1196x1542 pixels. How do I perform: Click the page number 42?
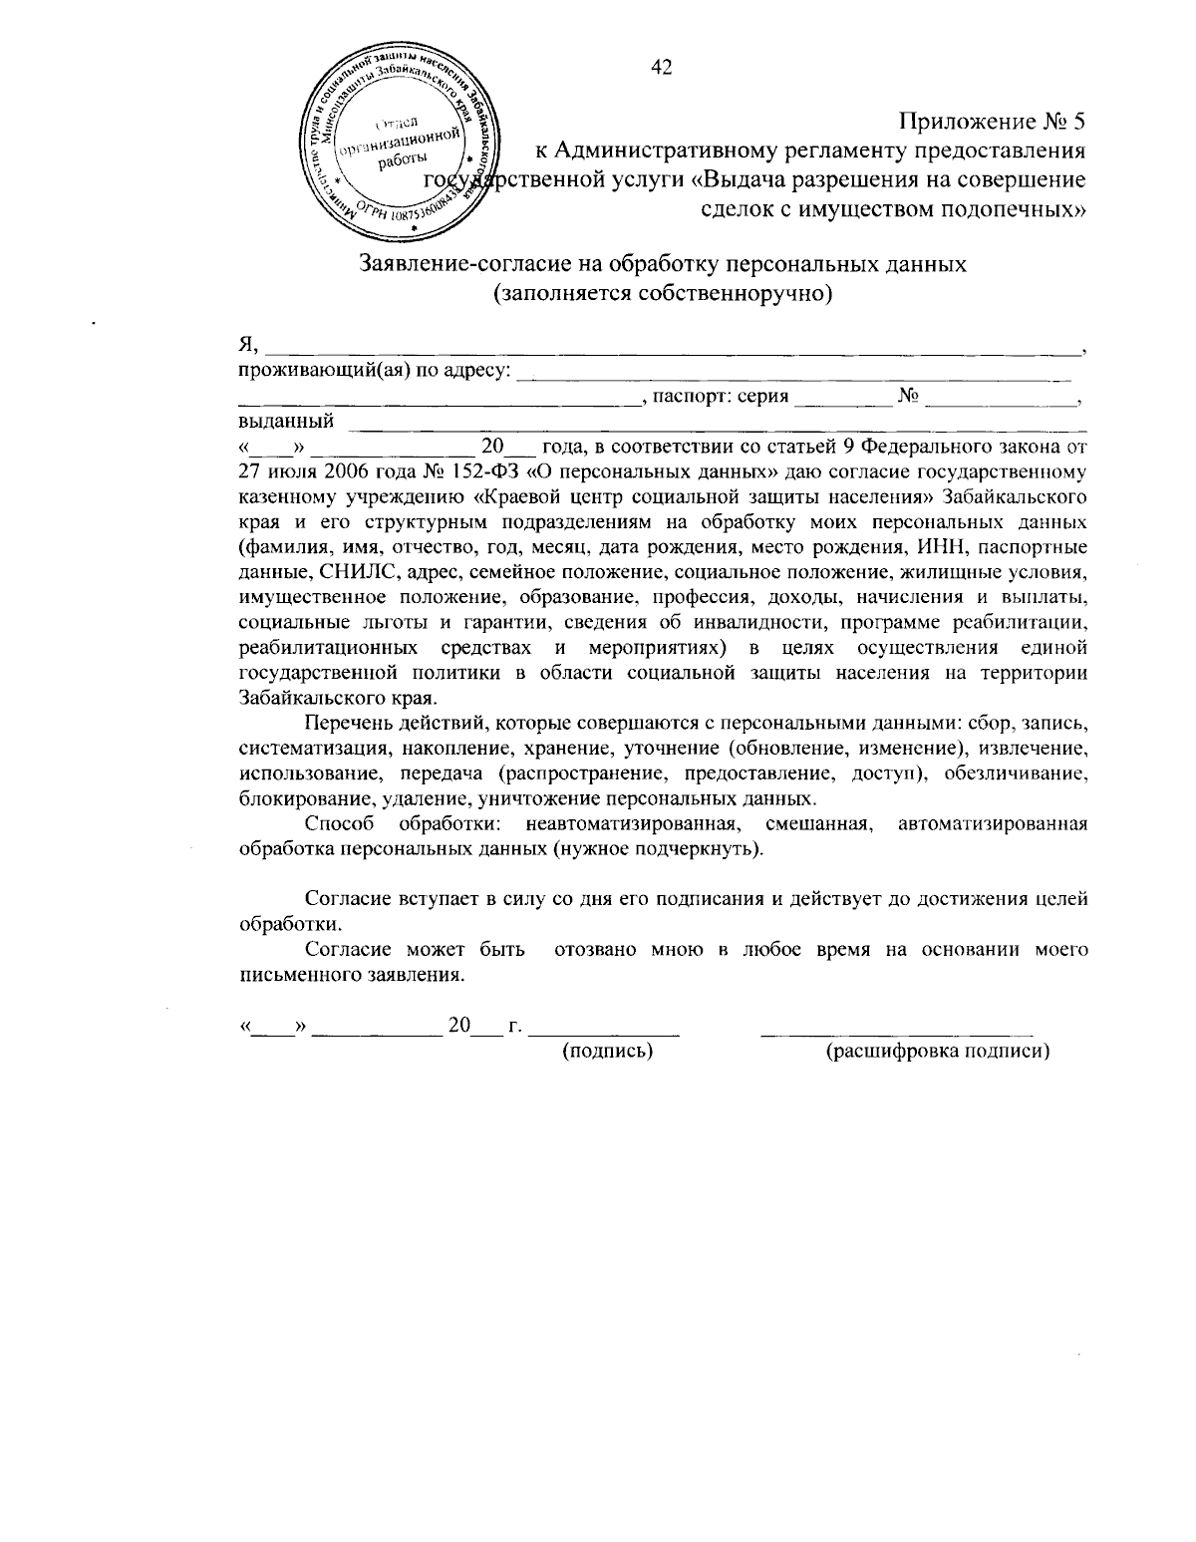point(662,67)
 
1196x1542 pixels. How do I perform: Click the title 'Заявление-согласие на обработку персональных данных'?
point(662,265)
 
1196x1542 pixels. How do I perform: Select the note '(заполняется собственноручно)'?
point(662,294)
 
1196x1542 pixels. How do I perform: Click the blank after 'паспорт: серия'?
point(843,402)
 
